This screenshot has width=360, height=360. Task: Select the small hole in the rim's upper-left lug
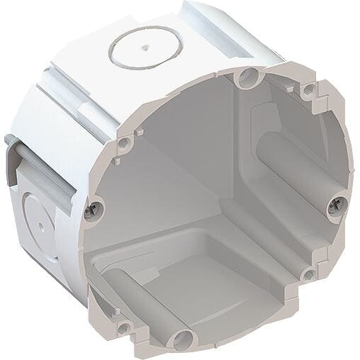(125, 144)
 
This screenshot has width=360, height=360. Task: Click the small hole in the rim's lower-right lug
(308, 275)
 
